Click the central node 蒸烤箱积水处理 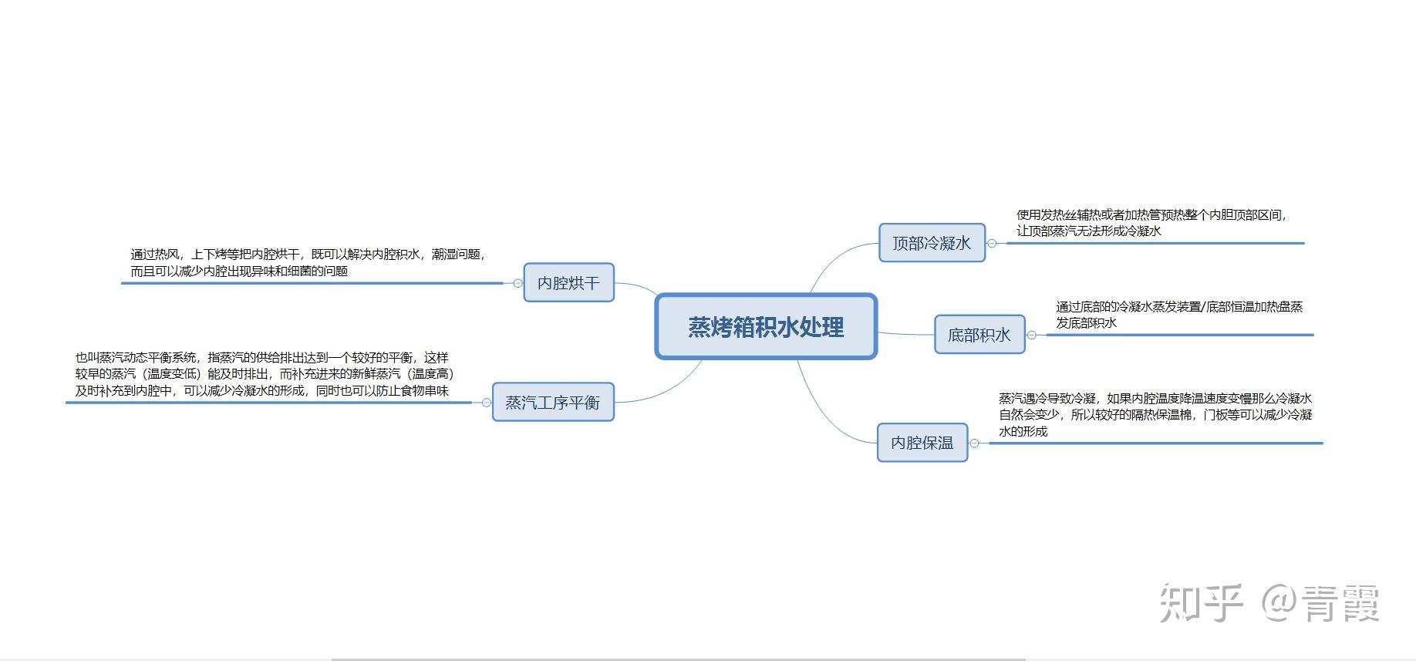[x=766, y=327]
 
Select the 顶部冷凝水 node [x=932, y=243]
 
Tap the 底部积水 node [x=979, y=335]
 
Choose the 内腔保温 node [x=922, y=443]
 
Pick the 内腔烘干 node [x=568, y=283]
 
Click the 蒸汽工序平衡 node [x=552, y=403]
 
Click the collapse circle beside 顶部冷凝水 [x=992, y=243]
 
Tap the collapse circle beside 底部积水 [x=1032, y=335]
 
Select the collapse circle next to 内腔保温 [x=974, y=443]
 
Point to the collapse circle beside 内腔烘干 [x=518, y=283]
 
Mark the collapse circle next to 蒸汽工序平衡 [x=486, y=403]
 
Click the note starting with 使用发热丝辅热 [x=1151, y=223]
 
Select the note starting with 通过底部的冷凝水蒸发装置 [x=1178, y=315]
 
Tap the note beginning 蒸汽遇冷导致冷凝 [x=1155, y=415]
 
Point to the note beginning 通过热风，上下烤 [x=307, y=262]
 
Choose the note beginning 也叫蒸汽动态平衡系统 [x=264, y=374]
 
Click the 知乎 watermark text [x=1202, y=603]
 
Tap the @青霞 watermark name [x=1320, y=603]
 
